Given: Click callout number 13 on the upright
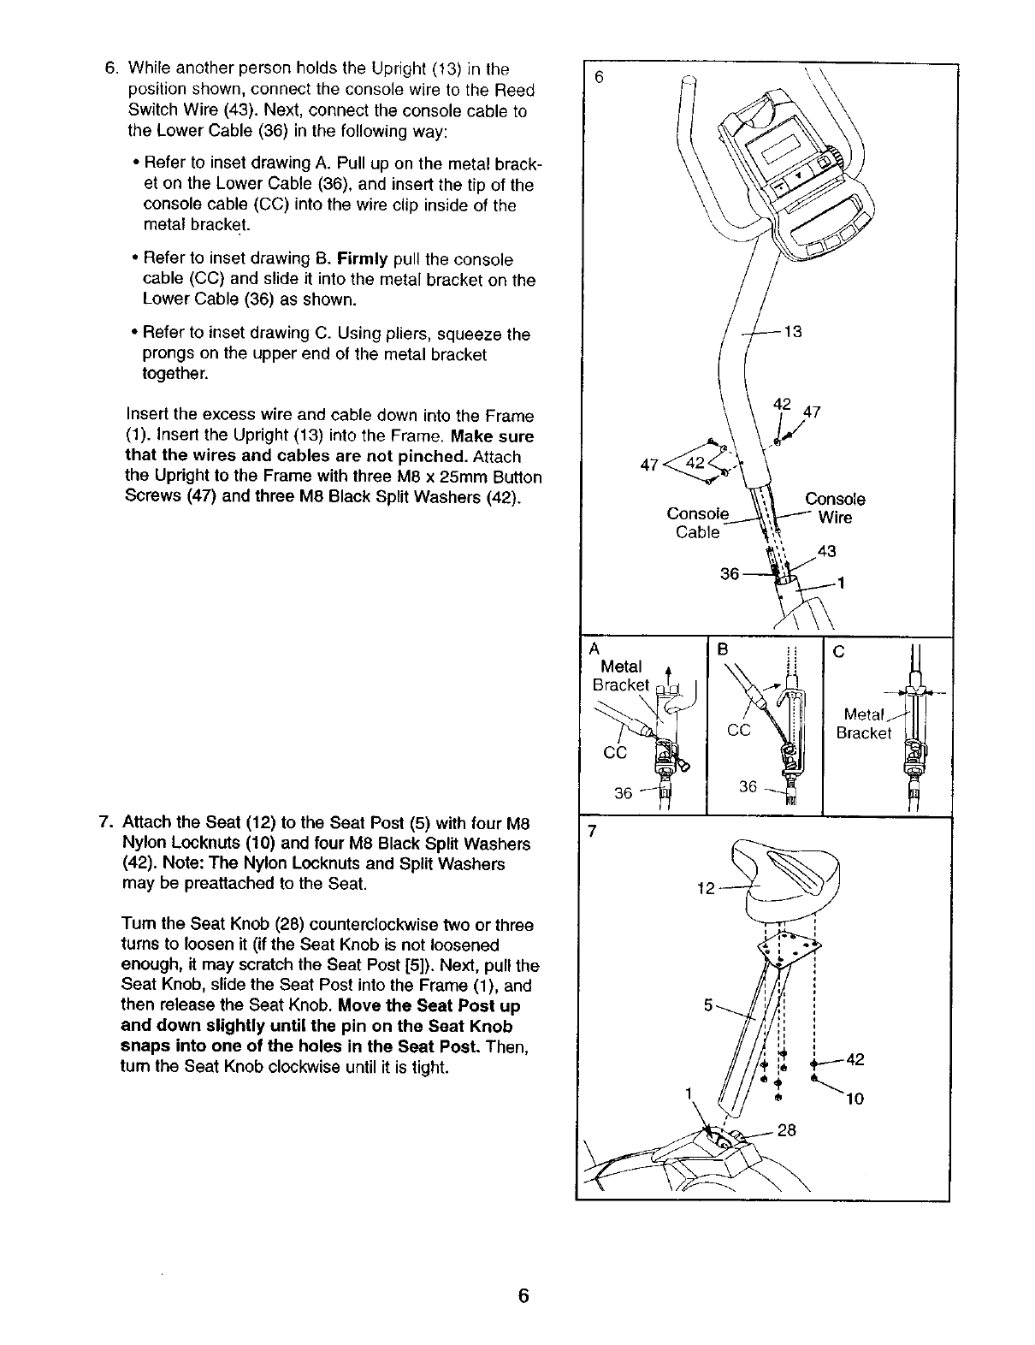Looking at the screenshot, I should [793, 332].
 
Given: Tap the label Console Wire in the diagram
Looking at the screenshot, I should [835, 508].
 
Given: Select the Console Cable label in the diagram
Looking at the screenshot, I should [698, 523].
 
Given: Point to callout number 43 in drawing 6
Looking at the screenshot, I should [826, 551].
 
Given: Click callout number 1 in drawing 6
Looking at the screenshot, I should [842, 584].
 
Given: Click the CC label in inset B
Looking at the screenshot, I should [739, 730].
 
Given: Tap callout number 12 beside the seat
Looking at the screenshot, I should [707, 889].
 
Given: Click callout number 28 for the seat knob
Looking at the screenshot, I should [787, 1130].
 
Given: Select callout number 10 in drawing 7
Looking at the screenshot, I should [855, 1099].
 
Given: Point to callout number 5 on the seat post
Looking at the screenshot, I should [708, 1006].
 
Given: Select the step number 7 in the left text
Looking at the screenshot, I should [105, 823].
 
